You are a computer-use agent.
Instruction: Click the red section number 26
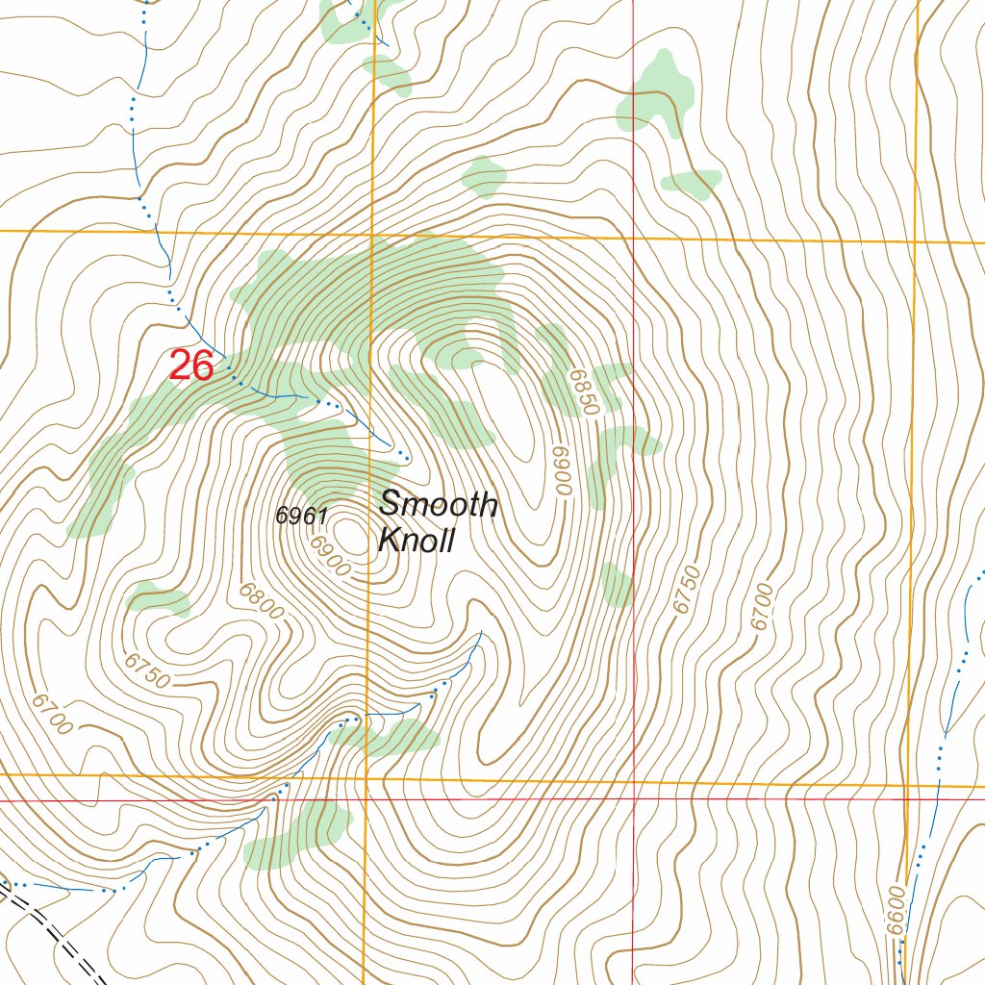(x=191, y=366)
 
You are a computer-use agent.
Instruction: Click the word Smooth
(x=439, y=503)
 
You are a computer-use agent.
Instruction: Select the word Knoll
(x=416, y=541)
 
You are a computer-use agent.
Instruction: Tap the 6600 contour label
(x=896, y=909)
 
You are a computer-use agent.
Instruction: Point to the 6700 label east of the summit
(x=763, y=606)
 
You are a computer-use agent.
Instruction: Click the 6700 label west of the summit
(x=51, y=713)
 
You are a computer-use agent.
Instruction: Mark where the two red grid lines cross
(x=633, y=799)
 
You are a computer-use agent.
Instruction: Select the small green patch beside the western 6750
(x=158, y=598)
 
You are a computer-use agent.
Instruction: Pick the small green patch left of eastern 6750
(x=616, y=586)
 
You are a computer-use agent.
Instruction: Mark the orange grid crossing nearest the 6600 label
(x=908, y=786)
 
